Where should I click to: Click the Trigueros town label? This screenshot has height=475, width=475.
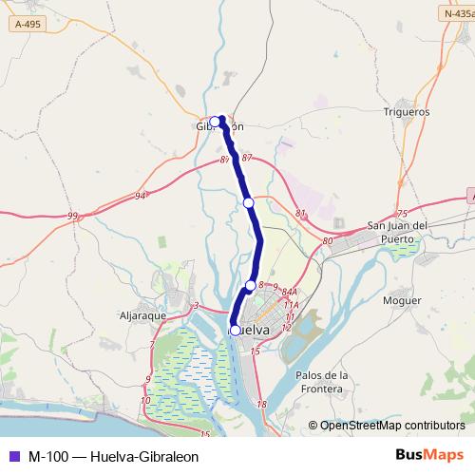point(407,111)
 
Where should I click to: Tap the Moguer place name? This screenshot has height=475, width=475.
point(402,300)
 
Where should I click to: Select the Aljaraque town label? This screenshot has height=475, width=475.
point(143,313)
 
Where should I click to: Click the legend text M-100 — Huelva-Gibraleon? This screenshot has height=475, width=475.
point(113,456)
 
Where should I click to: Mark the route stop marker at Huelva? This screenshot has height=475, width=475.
point(236,331)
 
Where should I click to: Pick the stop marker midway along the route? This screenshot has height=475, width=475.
point(249,202)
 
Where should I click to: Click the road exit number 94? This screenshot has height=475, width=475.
point(141,196)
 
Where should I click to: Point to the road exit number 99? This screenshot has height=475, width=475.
point(73,217)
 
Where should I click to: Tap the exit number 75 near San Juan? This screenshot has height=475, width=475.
point(401,214)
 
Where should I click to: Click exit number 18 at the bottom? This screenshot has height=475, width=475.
point(262,405)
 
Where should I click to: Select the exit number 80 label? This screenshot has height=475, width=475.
point(328,241)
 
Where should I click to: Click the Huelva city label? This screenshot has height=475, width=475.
point(254,330)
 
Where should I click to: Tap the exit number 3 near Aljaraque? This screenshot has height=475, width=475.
point(195,305)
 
